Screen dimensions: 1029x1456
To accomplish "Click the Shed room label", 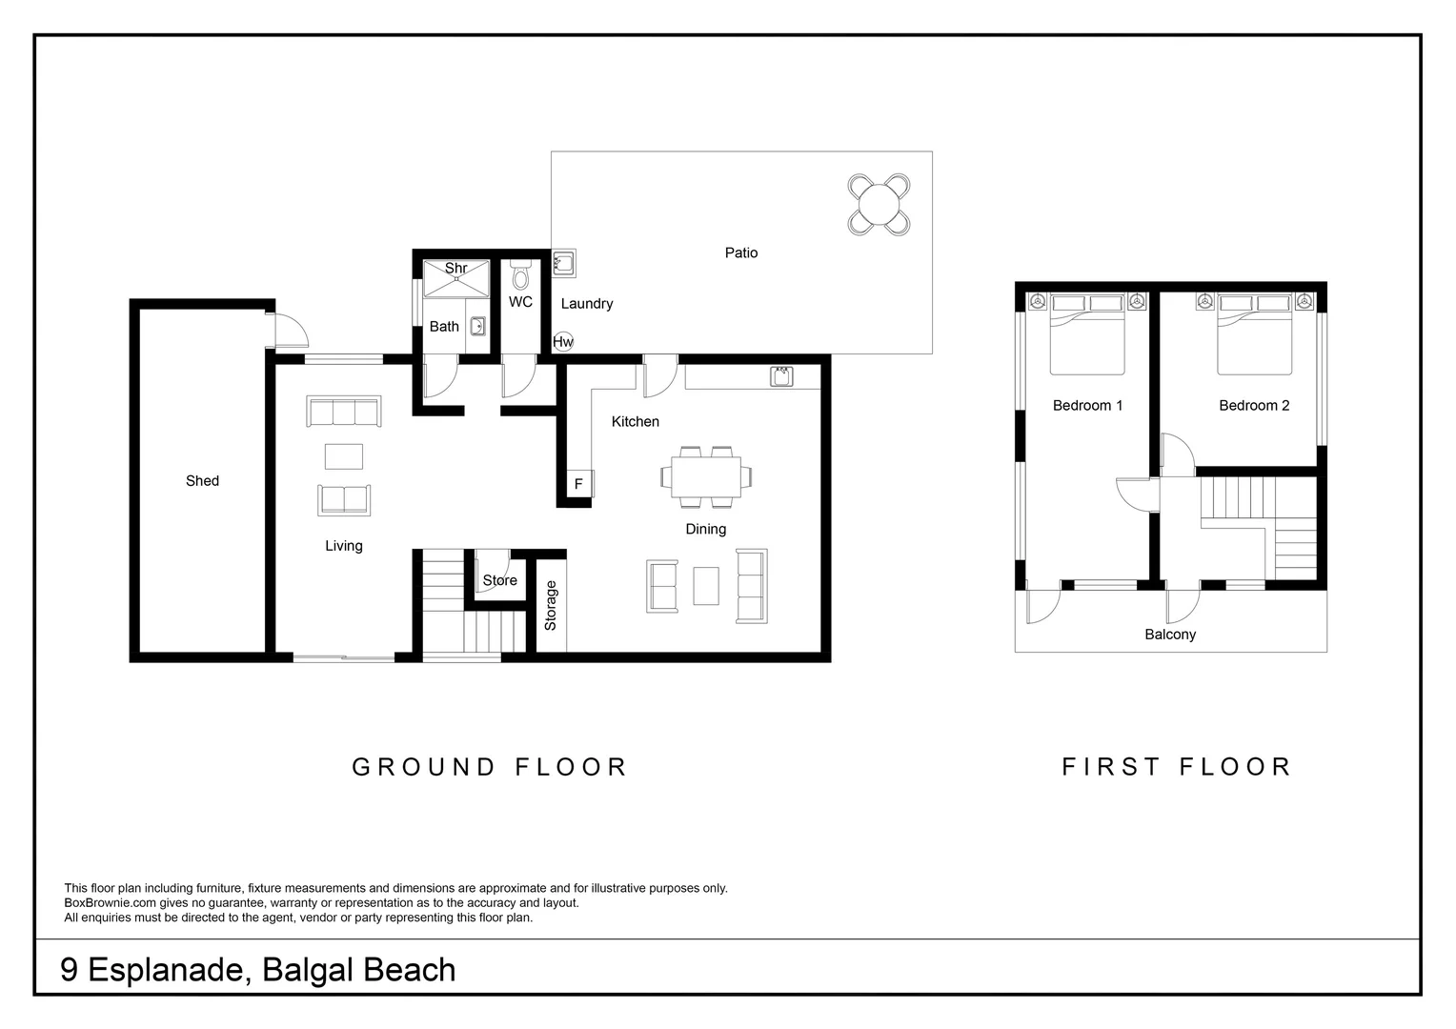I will (x=202, y=481).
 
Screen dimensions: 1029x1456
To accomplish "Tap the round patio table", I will (x=879, y=204).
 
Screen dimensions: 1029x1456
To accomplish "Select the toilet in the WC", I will (x=520, y=275).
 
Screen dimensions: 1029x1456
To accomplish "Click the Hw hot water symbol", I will (x=563, y=342).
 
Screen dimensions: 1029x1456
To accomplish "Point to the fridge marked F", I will (x=577, y=484).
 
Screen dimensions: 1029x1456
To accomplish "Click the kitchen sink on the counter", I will (x=781, y=376).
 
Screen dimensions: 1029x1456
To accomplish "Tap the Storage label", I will (x=551, y=606).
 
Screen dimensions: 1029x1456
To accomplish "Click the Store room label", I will (x=499, y=580).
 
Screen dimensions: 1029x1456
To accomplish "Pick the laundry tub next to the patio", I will (x=563, y=263).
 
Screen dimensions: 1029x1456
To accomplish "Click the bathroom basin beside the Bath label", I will (x=477, y=326).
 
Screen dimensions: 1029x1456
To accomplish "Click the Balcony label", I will (x=1170, y=635).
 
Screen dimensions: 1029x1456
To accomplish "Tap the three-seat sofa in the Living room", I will (x=343, y=412).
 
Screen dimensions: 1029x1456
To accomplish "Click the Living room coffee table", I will (x=343, y=456).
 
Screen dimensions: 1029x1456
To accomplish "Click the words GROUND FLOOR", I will (x=490, y=767).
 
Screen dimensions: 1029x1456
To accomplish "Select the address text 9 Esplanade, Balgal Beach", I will (x=258, y=970).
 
